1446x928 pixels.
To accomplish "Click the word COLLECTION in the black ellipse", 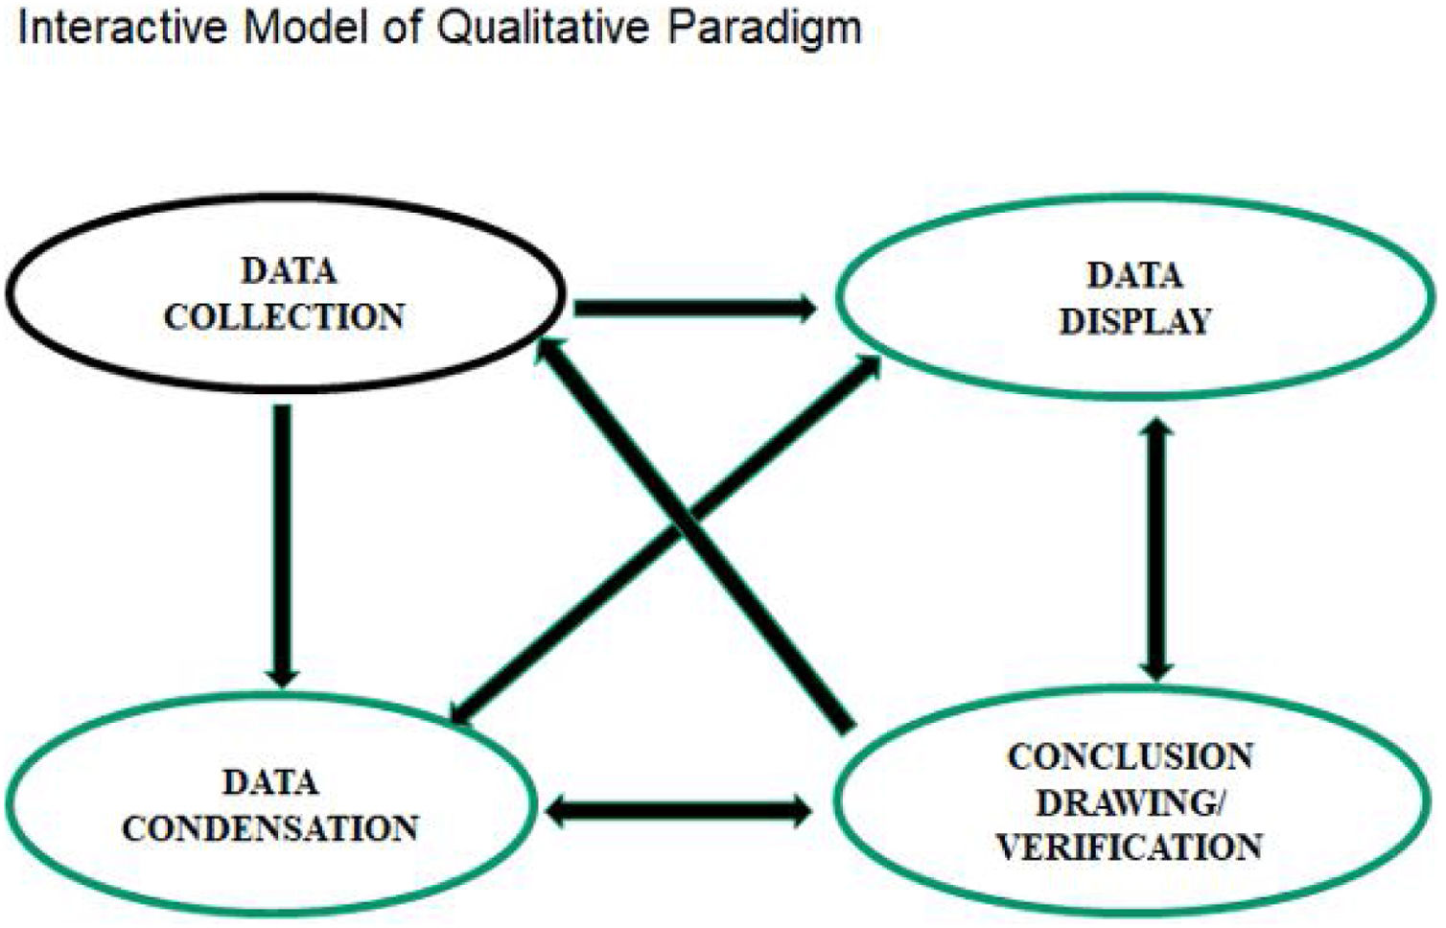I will pyautogui.click(x=284, y=316).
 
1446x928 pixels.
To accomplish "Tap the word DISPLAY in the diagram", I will pyautogui.click(x=1135, y=321).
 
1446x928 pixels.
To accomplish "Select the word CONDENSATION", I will pyautogui.click(x=269, y=828).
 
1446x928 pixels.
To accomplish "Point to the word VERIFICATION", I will pyautogui.click(x=1129, y=847).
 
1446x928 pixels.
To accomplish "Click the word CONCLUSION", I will pyautogui.click(x=1130, y=756).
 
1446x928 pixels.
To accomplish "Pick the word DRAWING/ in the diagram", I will pyautogui.click(x=1130, y=802).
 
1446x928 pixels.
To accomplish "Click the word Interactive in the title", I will pyautogui.click(x=123, y=27).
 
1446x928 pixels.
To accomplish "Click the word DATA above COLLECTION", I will pyautogui.click(x=288, y=271).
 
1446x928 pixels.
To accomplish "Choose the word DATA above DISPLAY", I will pyautogui.click(x=1134, y=276).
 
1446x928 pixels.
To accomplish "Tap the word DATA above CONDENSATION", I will pyautogui.click(x=270, y=782).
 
